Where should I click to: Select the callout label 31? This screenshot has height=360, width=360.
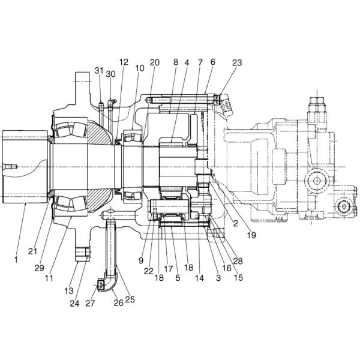[99, 71]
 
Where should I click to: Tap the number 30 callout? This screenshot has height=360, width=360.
[110, 74]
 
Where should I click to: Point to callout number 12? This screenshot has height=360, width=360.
[124, 62]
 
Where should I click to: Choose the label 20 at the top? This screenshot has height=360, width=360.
[155, 62]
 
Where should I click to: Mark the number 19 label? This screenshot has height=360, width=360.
[251, 236]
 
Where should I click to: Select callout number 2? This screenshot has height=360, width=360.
[235, 223]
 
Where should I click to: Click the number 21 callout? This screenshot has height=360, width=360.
[40, 250]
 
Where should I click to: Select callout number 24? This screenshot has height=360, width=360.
[75, 303]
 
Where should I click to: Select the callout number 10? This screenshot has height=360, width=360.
[140, 69]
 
